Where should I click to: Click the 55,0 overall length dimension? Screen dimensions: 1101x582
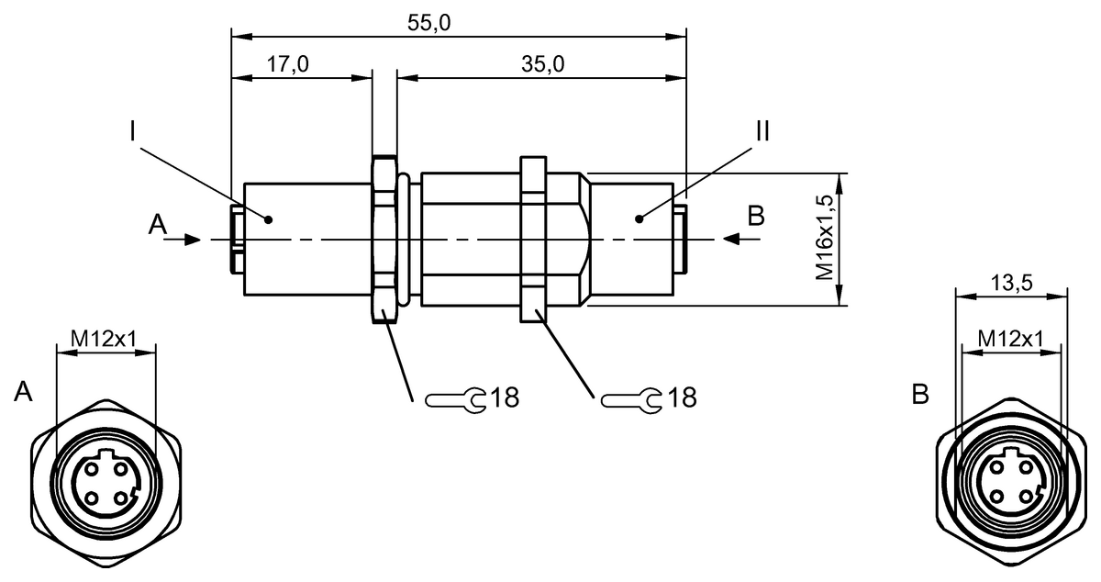tap(428, 23)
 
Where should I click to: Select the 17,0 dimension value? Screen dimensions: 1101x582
tap(287, 64)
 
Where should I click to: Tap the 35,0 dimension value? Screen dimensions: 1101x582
tap(542, 64)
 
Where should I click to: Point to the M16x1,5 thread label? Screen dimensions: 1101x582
tap(825, 237)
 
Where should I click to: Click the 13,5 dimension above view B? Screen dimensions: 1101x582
tap(1011, 283)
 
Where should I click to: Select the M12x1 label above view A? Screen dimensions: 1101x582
tap(103, 339)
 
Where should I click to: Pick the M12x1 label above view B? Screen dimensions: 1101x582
tap(1010, 339)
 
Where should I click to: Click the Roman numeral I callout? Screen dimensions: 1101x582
tap(132, 131)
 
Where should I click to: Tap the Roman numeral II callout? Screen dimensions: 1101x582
tap(762, 131)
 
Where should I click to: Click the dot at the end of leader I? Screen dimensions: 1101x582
tap(268, 220)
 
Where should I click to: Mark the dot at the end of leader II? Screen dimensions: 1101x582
tap(639, 218)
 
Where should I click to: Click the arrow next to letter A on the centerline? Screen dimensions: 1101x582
tap(183, 241)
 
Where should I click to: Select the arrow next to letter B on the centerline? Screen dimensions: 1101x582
tap(741, 240)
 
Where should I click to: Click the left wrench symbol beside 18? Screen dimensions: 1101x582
tap(455, 400)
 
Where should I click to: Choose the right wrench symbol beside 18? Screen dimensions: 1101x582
tap(631, 400)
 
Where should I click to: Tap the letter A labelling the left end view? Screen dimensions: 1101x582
tap(23, 392)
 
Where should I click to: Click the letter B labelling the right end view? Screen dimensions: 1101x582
tap(920, 394)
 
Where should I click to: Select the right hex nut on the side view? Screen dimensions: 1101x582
tap(533, 239)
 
